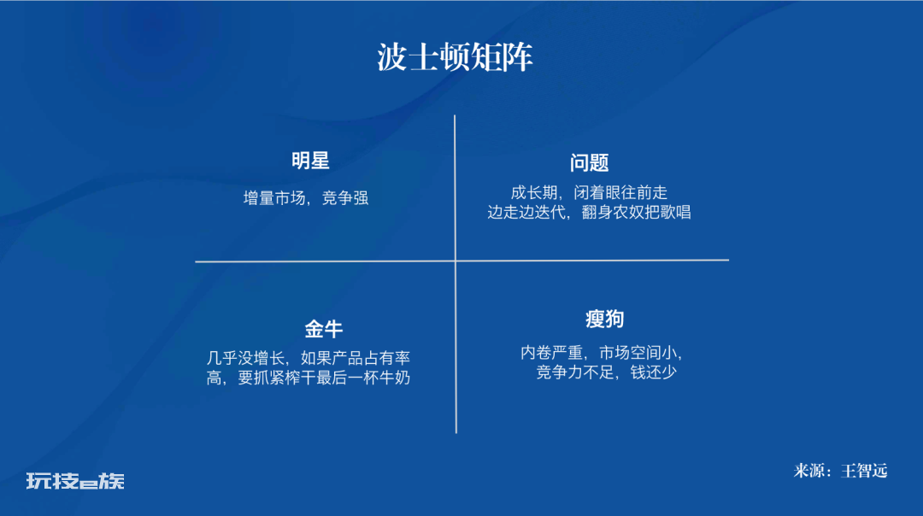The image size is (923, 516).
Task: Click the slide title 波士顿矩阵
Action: [x=455, y=57]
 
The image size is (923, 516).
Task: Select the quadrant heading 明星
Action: [x=310, y=161]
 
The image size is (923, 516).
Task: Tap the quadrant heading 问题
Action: [x=589, y=163]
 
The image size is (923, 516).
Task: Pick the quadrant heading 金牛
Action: [x=323, y=329]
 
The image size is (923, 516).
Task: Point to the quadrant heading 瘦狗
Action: [x=604, y=319]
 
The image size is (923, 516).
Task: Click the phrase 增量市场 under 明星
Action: [x=274, y=198]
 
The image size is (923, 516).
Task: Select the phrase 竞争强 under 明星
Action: [x=345, y=198]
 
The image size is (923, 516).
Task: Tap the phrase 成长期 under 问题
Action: [x=534, y=192]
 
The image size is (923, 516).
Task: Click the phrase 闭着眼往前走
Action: [x=620, y=192]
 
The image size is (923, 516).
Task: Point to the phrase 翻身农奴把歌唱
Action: [x=637, y=212]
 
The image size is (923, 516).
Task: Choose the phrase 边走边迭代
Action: [x=526, y=212]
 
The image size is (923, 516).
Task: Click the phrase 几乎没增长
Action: [x=245, y=358]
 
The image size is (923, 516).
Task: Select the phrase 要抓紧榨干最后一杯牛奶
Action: [x=324, y=377]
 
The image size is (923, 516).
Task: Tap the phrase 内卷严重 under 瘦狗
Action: [x=551, y=353]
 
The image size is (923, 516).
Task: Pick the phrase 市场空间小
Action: [x=638, y=353]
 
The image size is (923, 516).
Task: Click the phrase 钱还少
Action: [x=654, y=372]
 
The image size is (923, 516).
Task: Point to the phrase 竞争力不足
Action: [x=575, y=372]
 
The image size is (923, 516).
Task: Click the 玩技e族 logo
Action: [x=75, y=481]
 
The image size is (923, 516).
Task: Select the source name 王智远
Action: [x=864, y=471]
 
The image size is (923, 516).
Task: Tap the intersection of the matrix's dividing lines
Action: [x=456, y=261]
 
